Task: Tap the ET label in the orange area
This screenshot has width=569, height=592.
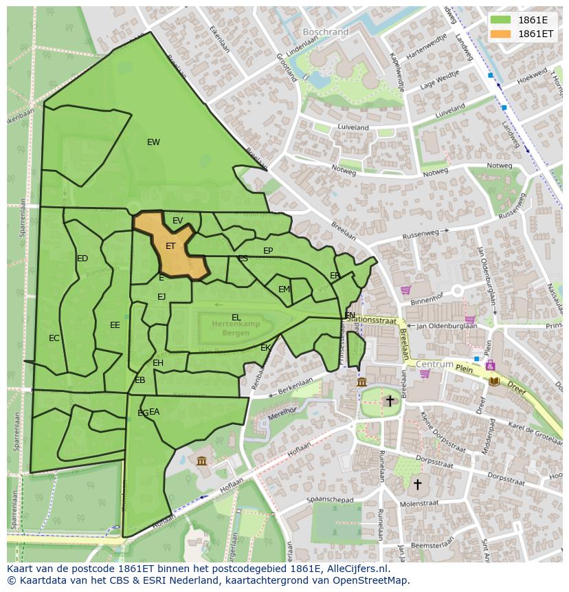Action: (x=170, y=245)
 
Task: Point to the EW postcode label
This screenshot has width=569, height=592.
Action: (x=153, y=142)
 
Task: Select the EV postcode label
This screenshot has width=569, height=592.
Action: (x=177, y=221)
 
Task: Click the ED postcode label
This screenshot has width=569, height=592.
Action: (x=82, y=259)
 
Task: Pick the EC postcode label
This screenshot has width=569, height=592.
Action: (x=54, y=338)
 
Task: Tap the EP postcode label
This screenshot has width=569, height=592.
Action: (x=268, y=251)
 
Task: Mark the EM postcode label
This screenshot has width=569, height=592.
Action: (x=284, y=289)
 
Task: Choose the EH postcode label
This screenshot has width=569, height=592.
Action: (x=158, y=363)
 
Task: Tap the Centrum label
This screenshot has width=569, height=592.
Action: (x=435, y=364)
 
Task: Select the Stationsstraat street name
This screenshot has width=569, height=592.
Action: (x=372, y=319)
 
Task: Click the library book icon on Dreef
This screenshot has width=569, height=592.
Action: (x=494, y=380)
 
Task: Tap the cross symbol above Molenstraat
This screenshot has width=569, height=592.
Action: (x=416, y=484)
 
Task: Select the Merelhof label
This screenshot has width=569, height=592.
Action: (x=281, y=412)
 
